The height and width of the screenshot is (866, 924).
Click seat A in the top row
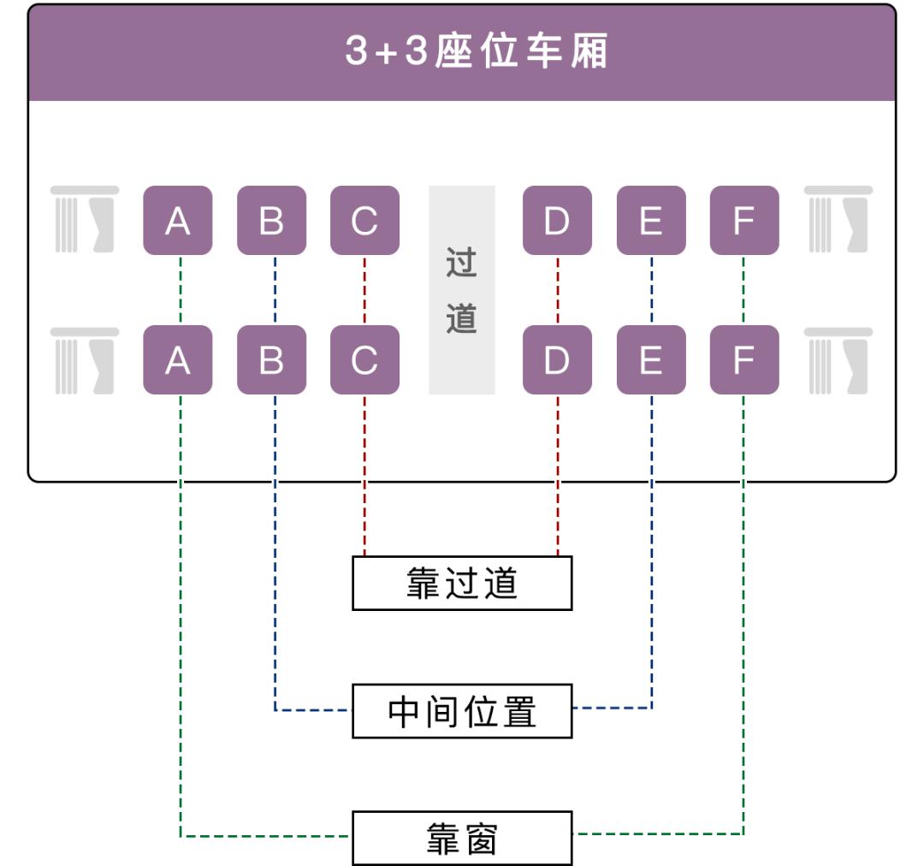point(177,220)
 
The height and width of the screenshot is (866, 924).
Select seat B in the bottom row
point(271,359)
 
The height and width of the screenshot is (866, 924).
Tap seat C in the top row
point(364,220)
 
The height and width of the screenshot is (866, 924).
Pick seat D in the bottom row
point(557,359)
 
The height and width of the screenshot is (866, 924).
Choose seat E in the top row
point(651,220)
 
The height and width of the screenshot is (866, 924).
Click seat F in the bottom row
point(744,359)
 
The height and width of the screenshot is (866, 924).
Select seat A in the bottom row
point(177,359)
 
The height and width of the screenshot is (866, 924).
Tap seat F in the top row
point(744,220)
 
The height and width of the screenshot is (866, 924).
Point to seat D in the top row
point(557,220)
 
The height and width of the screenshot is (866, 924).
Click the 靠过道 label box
point(462,584)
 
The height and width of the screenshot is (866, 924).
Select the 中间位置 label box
point(462,710)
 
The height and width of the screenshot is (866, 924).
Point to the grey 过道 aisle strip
point(462,290)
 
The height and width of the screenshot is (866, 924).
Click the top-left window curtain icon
point(84,220)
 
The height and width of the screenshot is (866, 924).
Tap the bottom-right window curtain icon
point(838,360)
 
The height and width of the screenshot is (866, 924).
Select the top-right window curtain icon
point(838,220)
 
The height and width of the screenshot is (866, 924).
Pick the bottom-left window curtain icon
point(84,360)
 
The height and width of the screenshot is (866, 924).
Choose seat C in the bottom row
point(364,359)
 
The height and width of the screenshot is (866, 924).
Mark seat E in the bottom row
point(651,359)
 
